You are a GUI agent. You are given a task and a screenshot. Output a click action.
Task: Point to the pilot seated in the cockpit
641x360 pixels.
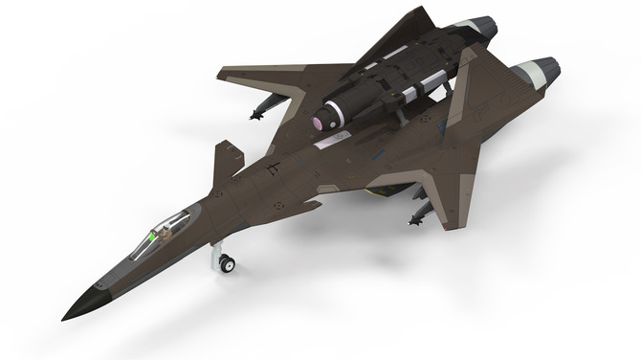pyautogui.click(x=166, y=229)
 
